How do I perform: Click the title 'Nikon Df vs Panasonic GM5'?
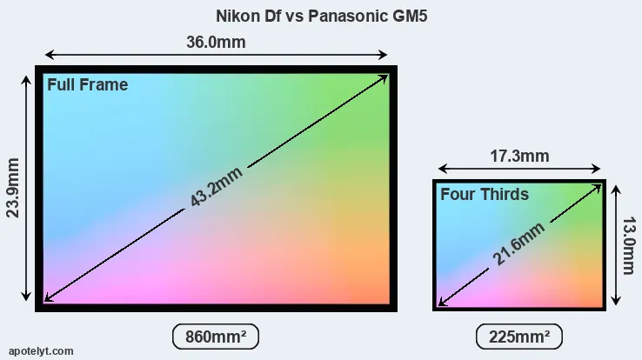click(x=321, y=16)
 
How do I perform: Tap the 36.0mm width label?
click(x=216, y=42)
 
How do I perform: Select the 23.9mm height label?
click(x=14, y=187)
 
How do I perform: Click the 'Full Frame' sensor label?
click(x=87, y=84)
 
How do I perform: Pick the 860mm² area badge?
click(x=216, y=336)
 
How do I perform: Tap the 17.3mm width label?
click(x=519, y=157)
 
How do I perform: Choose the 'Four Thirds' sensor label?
click(x=484, y=194)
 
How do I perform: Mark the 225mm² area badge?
click(x=519, y=336)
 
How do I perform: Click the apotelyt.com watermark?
click(x=41, y=350)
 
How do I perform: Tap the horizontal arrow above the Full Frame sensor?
click(x=130, y=54)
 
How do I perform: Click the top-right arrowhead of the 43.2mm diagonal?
click(x=384, y=77)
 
